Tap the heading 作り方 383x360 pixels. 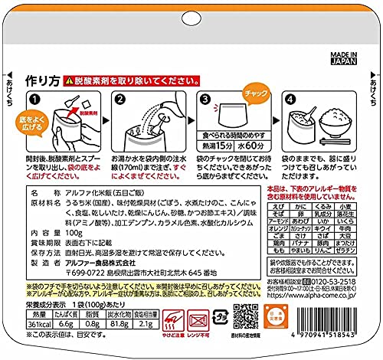[x=41, y=79]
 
